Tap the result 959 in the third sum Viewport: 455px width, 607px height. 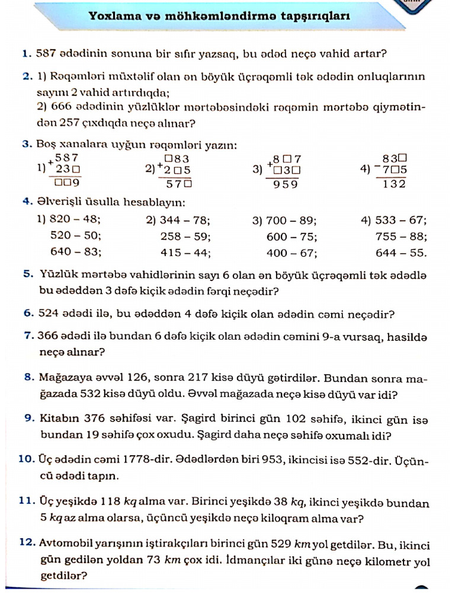285,184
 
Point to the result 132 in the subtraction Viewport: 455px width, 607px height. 394,184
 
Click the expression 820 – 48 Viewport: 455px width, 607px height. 75,219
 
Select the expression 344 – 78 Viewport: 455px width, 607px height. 185,220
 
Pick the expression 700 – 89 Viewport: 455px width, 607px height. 291,221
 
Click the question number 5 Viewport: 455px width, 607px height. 27,276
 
